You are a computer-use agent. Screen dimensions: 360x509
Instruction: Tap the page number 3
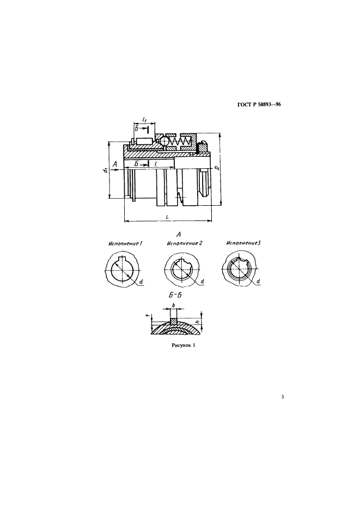click(283, 396)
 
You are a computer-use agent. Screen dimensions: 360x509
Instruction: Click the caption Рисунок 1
click(183, 345)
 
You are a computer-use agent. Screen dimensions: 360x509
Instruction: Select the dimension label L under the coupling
click(167, 217)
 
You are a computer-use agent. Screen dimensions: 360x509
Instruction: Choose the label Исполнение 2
click(185, 243)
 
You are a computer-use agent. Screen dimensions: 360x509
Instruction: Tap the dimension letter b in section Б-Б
click(174, 305)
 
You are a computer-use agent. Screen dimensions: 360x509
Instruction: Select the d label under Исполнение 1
click(141, 282)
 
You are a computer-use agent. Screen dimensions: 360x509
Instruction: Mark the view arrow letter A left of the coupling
click(114, 165)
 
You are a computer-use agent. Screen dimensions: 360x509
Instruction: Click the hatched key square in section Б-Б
click(174, 321)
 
